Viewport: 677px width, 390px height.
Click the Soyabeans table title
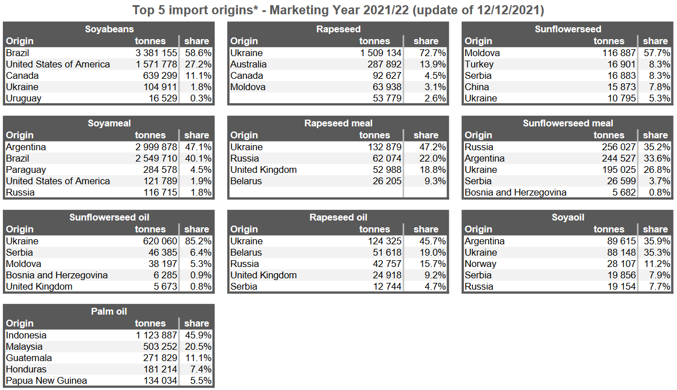point(109,29)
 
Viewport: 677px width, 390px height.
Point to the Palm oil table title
point(109,311)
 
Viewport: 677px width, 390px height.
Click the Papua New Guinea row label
point(46,380)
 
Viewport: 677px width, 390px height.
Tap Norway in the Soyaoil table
point(480,264)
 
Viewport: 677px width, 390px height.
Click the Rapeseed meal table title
point(338,123)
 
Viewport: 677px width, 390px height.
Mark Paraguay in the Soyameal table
point(26,169)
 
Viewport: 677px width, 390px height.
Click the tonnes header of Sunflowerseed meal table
point(609,135)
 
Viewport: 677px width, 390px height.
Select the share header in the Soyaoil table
point(655,229)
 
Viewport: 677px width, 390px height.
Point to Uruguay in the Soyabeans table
point(23,98)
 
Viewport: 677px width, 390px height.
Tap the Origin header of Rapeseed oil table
point(244,229)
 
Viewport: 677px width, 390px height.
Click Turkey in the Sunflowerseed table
point(479,64)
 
